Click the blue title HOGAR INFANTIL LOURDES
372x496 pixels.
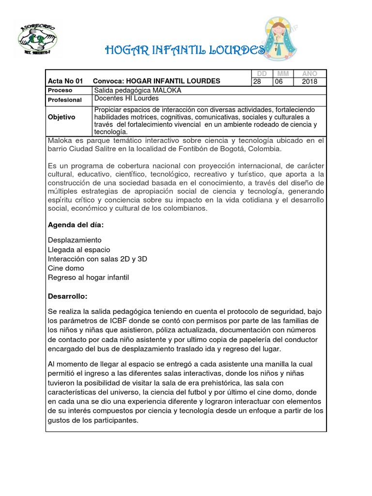tap(185, 50)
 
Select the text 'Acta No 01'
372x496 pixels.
tap(66, 81)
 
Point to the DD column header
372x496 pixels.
tap(262, 74)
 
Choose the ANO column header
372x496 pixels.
tap(310, 74)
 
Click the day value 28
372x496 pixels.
tap(257, 81)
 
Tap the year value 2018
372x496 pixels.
tap(310, 81)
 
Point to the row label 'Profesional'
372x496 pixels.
tap(64, 100)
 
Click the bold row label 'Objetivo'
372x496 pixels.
tap(62, 117)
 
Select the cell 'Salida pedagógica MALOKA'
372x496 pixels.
tap(138, 91)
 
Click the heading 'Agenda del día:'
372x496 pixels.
tap(76, 225)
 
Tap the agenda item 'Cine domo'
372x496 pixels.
tap(66, 268)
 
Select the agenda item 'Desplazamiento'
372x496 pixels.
tap(75, 240)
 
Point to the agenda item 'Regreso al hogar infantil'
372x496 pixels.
tap(89, 277)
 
